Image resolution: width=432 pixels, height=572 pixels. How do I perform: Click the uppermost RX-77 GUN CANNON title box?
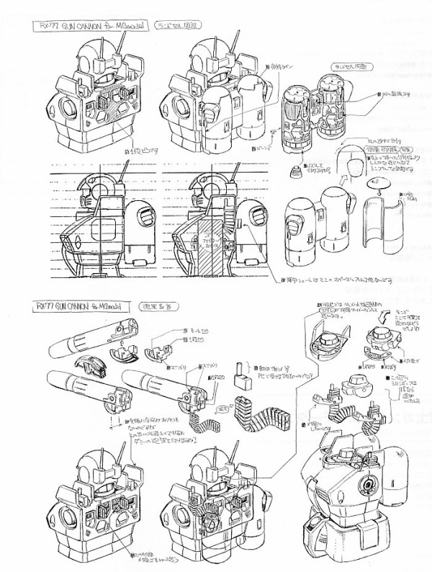pos(98,27)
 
